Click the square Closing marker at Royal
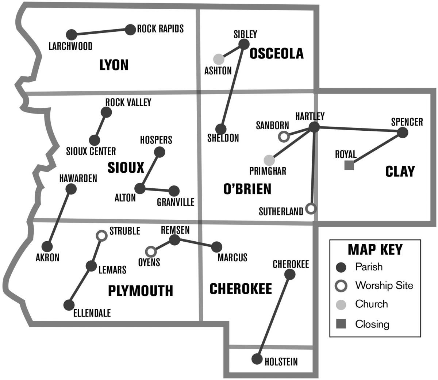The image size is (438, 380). (x=349, y=165)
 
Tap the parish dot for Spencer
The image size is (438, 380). (x=402, y=133)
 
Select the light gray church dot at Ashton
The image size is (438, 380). (x=219, y=59)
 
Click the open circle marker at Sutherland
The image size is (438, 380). (x=311, y=208)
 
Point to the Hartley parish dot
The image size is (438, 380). (x=314, y=127)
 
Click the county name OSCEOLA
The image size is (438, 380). (x=276, y=53)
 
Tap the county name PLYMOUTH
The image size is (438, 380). (x=141, y=291)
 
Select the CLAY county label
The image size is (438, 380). (x=400, y=171)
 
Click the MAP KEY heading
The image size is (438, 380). (x=375, y=249)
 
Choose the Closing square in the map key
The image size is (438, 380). (x=341, y=324)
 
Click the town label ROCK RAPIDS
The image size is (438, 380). (x=160, y=29)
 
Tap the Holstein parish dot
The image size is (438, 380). (x=257, y=359)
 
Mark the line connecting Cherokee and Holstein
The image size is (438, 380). (x=274, y=316)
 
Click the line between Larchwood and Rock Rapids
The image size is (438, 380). (x=101, y=32)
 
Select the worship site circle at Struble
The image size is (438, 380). (x=101, y=236)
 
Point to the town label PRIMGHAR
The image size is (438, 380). (x=268, y=171)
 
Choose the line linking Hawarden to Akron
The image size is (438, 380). (x=59, y=218)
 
